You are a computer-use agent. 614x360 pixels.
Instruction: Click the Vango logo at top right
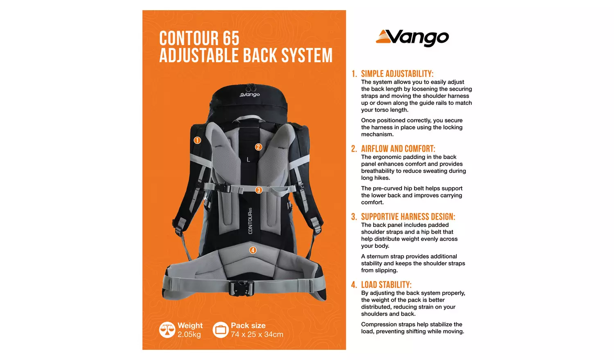pos(412,38)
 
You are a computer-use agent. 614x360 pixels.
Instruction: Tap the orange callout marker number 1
pos(197,140)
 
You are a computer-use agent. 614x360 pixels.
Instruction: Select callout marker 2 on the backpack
pos(258,147)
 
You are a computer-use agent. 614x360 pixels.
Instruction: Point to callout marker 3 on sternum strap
pos(259,190)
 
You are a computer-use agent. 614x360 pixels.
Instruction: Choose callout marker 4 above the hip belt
pos(253,250)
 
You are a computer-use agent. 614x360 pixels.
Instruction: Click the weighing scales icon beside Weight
pos(167,330)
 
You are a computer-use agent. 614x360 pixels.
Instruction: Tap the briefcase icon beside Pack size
pos(221,330)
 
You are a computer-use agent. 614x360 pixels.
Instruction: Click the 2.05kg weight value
pos(189,335)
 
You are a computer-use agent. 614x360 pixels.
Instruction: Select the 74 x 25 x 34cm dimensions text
pos(257,335)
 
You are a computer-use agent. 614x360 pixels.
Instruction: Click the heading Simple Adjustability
pos(397,74)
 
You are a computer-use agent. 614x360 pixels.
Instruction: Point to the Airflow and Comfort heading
pos(398,148)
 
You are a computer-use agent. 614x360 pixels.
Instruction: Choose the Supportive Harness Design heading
pos(408,217)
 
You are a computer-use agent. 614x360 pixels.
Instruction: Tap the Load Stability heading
pos(386,285)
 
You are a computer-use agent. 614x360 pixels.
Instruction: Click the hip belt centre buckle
pos(242,287)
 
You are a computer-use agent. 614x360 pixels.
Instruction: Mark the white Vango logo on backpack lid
pos(250,94)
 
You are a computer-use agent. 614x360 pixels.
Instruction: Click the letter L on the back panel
pos(248,160)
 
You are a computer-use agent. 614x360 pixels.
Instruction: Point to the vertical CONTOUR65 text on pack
pos(250,221)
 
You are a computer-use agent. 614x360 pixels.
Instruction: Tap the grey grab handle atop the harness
pos(250,119)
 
